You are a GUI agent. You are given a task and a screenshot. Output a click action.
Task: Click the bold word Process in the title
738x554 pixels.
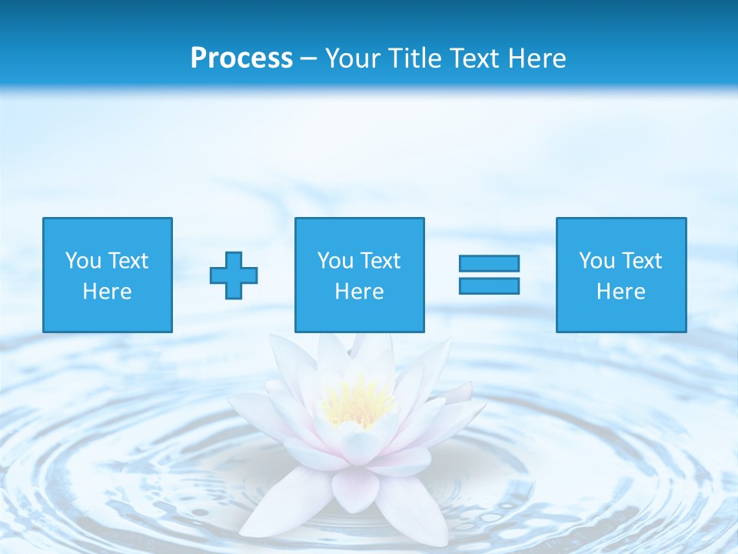point(241,58)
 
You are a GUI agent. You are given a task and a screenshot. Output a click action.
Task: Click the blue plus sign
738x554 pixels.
point(234,275)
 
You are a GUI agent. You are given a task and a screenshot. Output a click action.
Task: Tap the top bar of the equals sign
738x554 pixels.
point(489,263)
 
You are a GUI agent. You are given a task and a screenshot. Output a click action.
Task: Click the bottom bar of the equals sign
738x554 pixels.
point(489,285)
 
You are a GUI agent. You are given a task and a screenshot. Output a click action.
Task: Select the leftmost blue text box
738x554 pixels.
point(108,275)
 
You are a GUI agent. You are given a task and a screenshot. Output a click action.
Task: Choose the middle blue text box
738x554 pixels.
point(359,275)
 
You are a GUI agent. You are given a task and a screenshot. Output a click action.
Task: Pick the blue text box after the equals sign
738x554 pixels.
point(620,275)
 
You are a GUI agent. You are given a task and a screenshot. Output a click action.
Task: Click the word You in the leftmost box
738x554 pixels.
point(83,261)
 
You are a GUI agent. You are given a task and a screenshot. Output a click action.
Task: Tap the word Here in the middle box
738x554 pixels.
point(359,292)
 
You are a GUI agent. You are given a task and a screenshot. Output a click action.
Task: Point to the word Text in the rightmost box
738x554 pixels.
point(641,261)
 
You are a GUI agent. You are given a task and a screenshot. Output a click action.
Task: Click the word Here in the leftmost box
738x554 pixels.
point(108,292)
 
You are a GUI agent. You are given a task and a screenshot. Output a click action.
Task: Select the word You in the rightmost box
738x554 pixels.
point(597,261)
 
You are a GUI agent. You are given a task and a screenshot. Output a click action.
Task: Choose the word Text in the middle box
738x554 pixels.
point(380,261)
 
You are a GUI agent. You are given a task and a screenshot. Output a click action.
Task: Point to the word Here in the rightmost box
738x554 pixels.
point(620,292)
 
